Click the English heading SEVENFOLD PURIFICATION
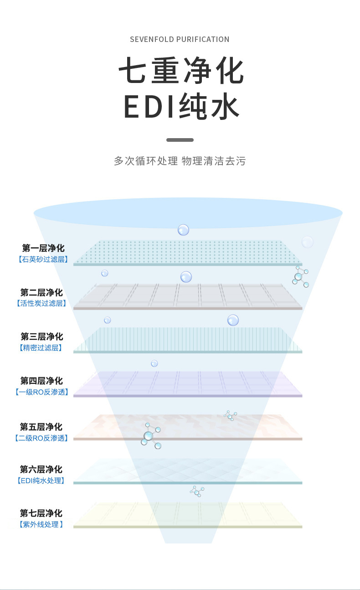coord(180,39)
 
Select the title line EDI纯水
coord(181,108)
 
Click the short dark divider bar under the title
coord(180,140)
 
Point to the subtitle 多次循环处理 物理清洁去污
coord(180,161)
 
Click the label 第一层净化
coord(43,248)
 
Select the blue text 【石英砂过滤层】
coord(43,259)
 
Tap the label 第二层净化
coord(41,292)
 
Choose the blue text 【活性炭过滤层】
coord(41,303)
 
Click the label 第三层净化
coord(41,336)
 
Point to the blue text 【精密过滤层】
coord(41,348)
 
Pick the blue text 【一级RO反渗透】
coord(41,392)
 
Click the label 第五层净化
coord(41,427)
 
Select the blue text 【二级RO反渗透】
coord(41,438)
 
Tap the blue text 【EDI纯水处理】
coord(41,481)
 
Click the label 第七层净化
coord(41,513)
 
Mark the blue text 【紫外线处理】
coord(41,524)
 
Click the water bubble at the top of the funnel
coord(183,230)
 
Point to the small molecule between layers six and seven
coord(197,491)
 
